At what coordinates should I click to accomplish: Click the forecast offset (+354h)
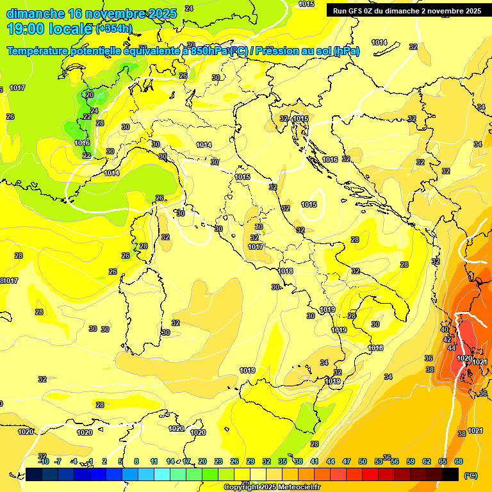114,28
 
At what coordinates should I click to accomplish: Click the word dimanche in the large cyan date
35,13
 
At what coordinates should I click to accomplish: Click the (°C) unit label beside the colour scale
470,475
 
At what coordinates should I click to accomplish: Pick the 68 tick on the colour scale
459,461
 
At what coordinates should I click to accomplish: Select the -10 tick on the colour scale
44,461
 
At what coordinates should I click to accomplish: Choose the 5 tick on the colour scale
121,461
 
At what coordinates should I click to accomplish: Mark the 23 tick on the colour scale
218,461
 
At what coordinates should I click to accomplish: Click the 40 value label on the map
445,329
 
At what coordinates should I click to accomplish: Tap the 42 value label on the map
447,340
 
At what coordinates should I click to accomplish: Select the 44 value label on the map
452,348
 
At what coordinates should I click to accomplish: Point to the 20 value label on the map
90,95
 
